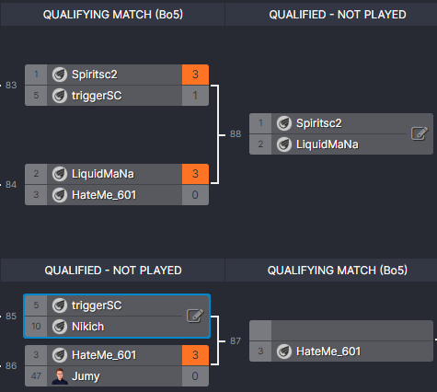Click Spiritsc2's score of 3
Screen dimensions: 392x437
[196, 75]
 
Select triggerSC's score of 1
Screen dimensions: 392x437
[196, 94]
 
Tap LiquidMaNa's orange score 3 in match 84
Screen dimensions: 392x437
[196, 173]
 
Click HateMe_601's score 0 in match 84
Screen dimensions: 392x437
[196, 193]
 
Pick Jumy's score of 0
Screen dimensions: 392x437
[196, 375]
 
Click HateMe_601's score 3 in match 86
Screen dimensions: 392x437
[196, 355]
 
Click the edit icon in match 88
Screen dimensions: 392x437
[419, 133]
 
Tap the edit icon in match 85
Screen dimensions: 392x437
[195, 316]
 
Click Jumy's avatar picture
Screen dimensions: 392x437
[60, 375]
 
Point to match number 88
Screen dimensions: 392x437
[236, 133]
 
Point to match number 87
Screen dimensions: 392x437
[236, 340]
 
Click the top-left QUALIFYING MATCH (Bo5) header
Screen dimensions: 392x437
[111, 15]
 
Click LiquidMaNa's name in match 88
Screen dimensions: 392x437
[328, 144]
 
